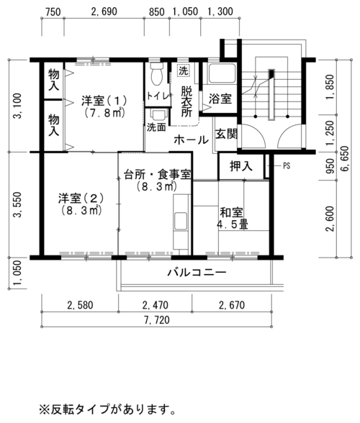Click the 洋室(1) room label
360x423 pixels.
click(104, 101)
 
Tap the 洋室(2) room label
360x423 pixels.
click(81, 199)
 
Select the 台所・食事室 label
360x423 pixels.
click(157, 175)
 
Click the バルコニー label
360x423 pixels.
click(197, 273)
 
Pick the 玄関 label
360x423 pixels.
click(226, 134)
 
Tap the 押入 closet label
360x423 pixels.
click(241, 166)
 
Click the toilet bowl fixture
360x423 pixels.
click(157, 73)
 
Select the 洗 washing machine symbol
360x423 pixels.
click(184, 71)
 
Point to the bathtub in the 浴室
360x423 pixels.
click(222, 73)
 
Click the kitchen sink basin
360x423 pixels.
click(180, 221)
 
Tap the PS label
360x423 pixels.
click(287, 166)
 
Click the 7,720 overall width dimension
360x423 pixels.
click(157, 320)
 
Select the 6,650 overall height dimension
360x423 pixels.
click(345, 159)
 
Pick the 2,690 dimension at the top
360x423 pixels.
click(104, 12)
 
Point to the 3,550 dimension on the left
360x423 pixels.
click(18, 204)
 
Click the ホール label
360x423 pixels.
click(192, 140)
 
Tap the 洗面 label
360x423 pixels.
click(156, 127)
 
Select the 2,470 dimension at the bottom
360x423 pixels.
click(155, 305)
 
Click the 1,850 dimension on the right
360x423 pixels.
click(330, 86)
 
